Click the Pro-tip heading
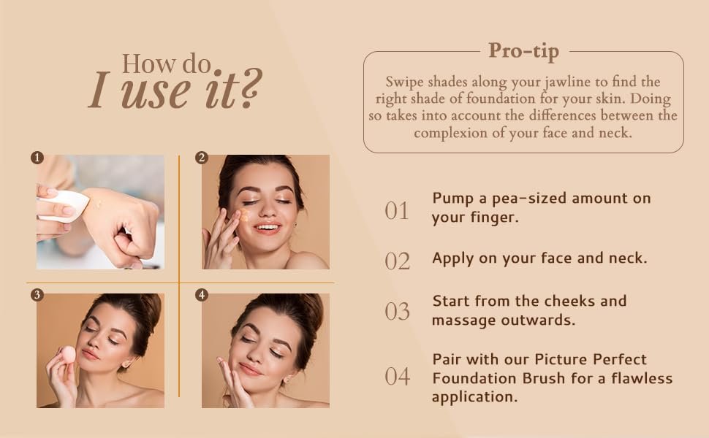click(523, 51)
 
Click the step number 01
click(397, 211)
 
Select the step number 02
click(398, 261)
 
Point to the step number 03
click(398, 312)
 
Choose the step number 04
click(398, 377)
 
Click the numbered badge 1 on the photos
click(37, 158)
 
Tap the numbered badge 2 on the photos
click(202, 158)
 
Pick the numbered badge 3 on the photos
click(37, 295)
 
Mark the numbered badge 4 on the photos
click(202, 295)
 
